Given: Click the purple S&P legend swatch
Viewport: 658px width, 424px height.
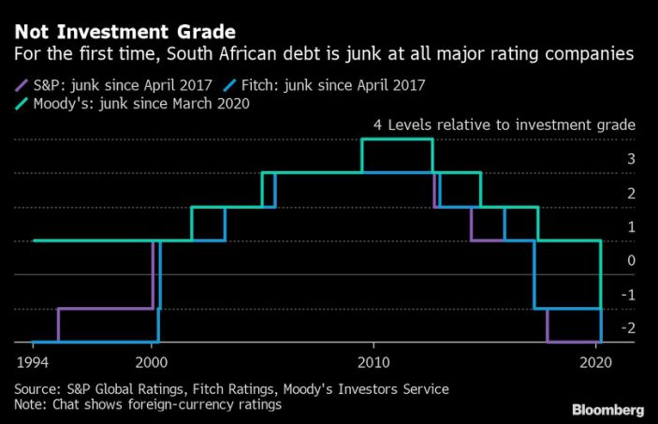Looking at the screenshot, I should (20, 85).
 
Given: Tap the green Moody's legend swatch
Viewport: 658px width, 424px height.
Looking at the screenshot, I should (20, 103).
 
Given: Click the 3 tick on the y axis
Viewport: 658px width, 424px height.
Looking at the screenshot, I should (631, 159).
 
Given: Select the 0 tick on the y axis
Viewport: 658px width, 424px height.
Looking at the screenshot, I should (631, 260).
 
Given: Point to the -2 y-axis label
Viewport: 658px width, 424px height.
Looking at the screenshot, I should (629, 328).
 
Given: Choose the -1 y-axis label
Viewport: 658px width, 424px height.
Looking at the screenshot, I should (629, 294).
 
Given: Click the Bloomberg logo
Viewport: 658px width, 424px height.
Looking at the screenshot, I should (607, 410).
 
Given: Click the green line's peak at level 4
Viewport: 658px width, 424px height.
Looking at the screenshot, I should (397, 139).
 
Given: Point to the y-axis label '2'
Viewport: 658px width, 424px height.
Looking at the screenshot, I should (631, 193).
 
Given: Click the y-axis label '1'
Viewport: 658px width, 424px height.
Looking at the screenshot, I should (631, 227).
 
